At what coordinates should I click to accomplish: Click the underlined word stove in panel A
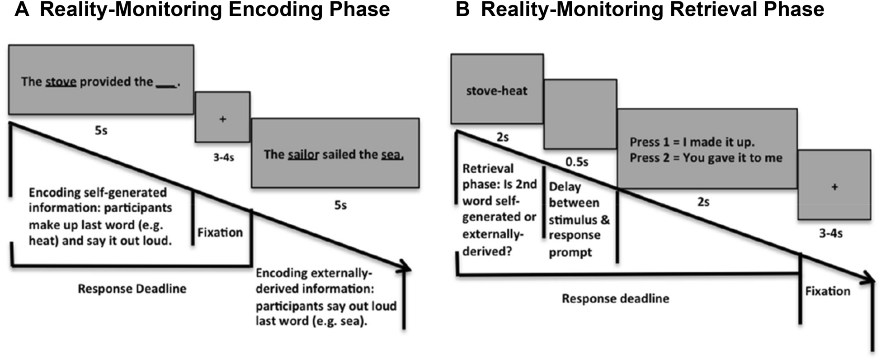(x=61, y=82)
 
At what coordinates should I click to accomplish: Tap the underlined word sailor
(x=304, y=155)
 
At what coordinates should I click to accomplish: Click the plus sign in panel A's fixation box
(x=222, y=119)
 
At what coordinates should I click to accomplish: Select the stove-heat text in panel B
(x=496, y=91)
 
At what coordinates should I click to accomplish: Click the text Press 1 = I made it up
(x=692, y=142)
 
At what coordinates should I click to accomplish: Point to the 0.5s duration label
(x=577, y=161)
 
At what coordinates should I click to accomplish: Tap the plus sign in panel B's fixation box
(x=834, y=187)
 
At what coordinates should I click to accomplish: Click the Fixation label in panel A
(x=220, y=232)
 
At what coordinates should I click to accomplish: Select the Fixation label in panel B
(x=828, y=291)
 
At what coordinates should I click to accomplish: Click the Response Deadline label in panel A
(x=132, y=289)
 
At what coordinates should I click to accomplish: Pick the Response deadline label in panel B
(x=615, y=298)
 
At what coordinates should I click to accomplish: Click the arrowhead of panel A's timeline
(x=405, y=268)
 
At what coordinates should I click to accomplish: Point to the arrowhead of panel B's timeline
(x=870, y=280)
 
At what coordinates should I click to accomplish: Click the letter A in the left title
(x=22, y=9)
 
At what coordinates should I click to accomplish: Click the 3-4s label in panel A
(x=224, y=158)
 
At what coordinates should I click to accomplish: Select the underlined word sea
(x=391, y=155)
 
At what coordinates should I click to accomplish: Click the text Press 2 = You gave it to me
(x=706, y=158)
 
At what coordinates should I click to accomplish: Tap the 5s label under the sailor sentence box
(x=340, y=205)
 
